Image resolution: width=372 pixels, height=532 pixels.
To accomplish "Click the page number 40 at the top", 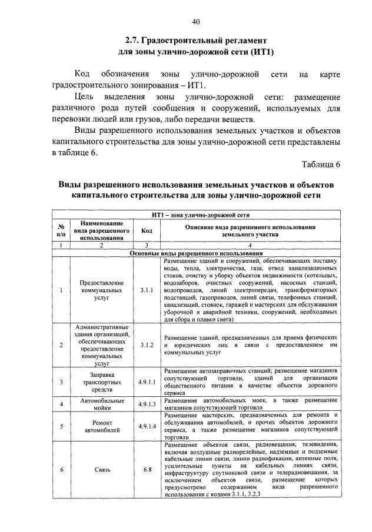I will pos(196,22).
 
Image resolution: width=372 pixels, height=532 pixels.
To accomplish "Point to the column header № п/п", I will pos(61,230).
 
